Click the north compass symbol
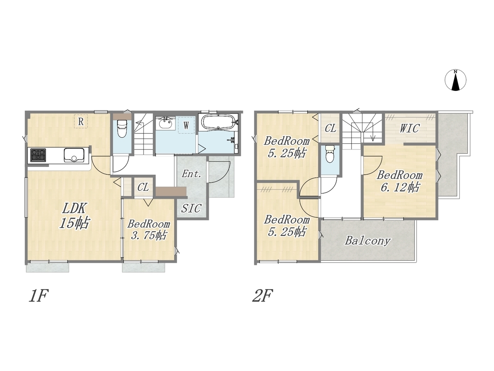click(x=455, y=80)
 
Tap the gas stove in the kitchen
click(x=38, y=155)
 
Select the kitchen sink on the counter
click(x=74, y=155)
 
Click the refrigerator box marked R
click(x=81, y=122)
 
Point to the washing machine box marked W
click(x=186, y=125)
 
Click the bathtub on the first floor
click(x=218, y=122)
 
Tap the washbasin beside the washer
click(x=166, y=123)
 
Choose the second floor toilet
click(x=330, y=154)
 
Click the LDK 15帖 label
click(x=74, y=216)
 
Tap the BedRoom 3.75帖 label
click(x=149, y=230)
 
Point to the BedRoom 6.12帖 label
click(x=400, y=181)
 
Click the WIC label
click(x=409, y=128)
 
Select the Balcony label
click(x=367, y=241)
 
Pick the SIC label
click(x=191, y=208)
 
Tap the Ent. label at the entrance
click(x=191, y=174)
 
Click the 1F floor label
click(x=39, y=296)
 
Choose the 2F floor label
click(x=262, y=296)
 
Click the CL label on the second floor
click(x=330, y=128)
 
